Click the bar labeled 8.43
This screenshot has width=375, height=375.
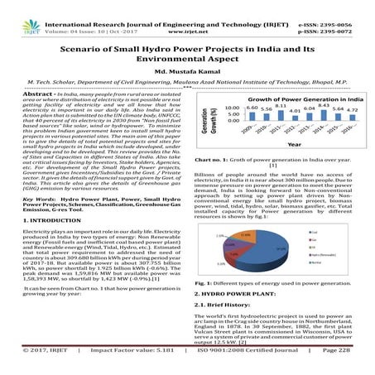coord(324,114)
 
